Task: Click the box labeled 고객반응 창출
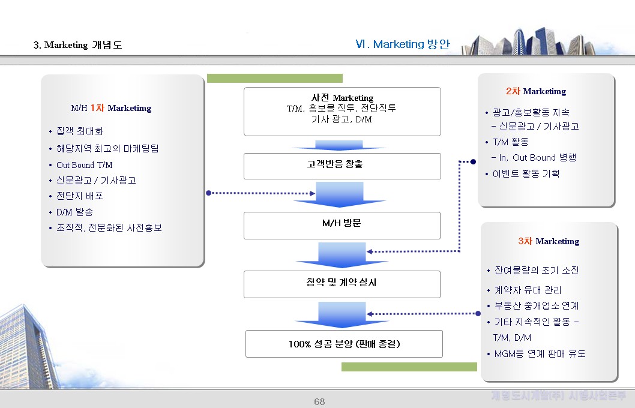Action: click(342, 166)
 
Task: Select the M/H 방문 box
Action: click(342, 224)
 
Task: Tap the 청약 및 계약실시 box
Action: click(342, 283)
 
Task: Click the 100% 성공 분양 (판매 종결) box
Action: click(344, 344)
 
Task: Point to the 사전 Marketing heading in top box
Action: click(342, 97)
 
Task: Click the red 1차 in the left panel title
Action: click(97, 108)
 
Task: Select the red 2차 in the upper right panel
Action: click(513, 91)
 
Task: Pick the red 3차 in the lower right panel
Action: click(525, 241)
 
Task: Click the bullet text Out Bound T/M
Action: click(84, 164)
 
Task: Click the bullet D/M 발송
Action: click(74, 212)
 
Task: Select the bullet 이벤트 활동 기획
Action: click(526, 173)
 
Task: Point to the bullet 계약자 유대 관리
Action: click(528, 290)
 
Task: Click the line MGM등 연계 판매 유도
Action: click(540, 353)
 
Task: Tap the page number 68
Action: click(319, 401)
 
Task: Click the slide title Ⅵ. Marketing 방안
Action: click(402, 44)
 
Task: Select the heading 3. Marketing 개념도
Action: click(77, 45)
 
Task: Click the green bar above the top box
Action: click(274, 78)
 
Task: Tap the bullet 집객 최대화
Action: click(80, 131)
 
